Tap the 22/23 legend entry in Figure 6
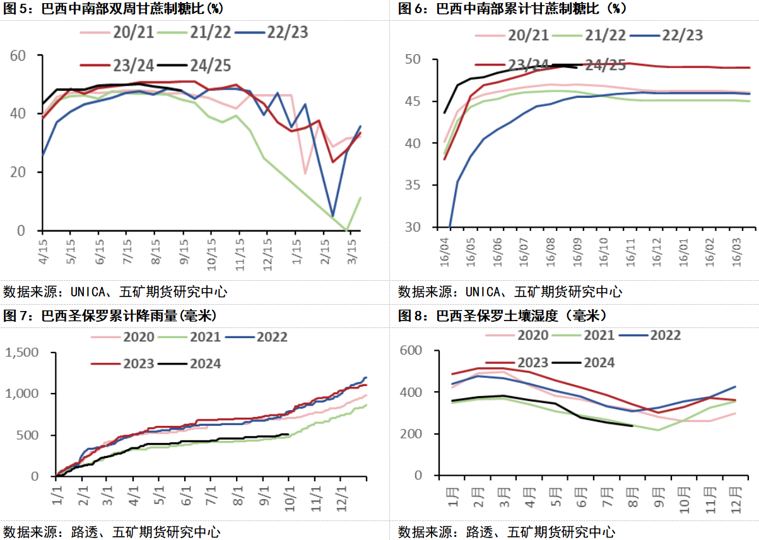(x=681, y=35)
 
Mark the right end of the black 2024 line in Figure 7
(x=288, y=434)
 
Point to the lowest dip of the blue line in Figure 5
(x=332, y=216)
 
